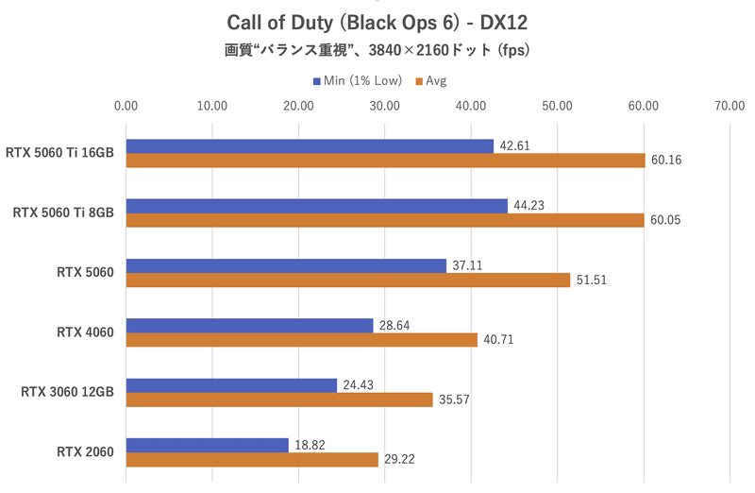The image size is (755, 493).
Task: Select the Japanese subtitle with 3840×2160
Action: tap(377, 50)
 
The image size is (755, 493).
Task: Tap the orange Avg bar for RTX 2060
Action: tap(252, 459)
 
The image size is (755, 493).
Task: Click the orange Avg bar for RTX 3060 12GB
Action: tap(279, 399)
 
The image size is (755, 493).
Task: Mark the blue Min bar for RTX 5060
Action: tap(286, 265)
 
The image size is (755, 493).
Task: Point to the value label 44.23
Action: tap(529, 206)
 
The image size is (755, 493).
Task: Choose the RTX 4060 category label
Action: tap(85, 332)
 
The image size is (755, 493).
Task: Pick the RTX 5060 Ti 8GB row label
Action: tap(63, 212)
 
